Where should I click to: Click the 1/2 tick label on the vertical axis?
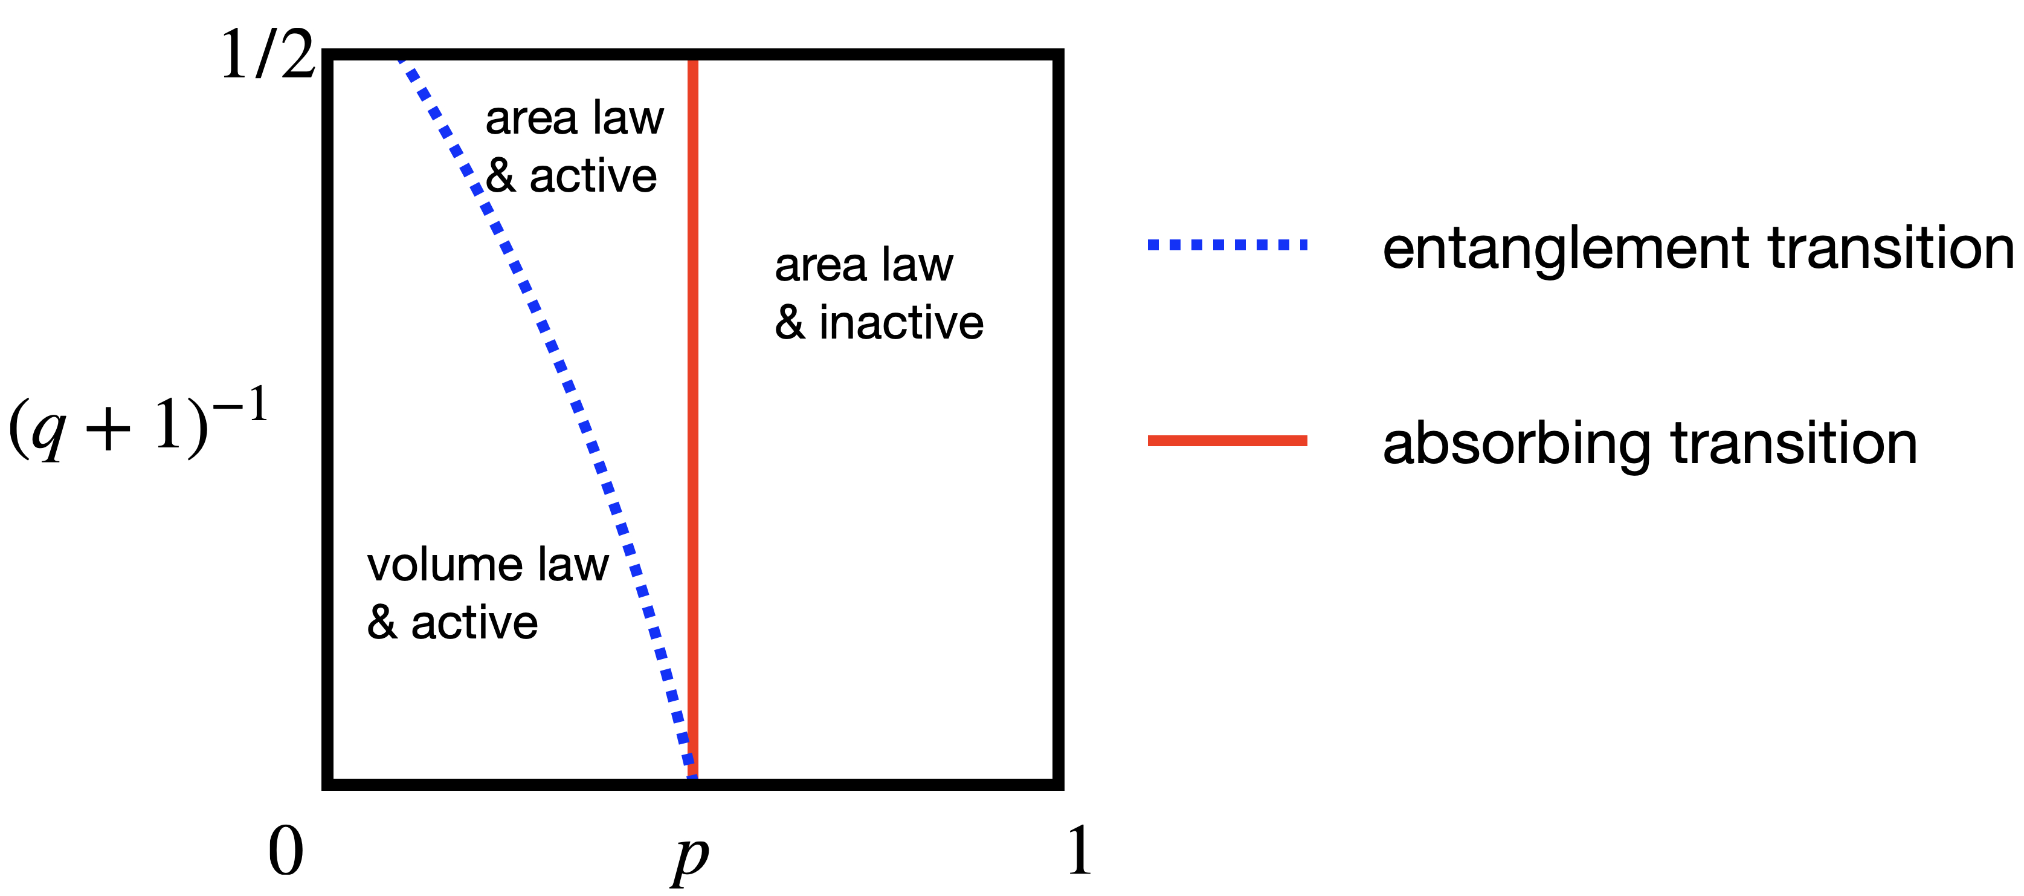click(267, 55)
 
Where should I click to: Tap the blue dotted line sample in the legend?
click(1227, 245)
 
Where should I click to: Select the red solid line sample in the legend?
click(1227, 441)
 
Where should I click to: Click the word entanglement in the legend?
click(1567, 249)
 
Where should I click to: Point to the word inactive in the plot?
click(901, 322)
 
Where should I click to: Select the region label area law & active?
click(573, 147)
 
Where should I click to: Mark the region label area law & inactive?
click(878, 294)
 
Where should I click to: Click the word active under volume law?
click(474, 623)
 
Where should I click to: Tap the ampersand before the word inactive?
click(790, 322)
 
